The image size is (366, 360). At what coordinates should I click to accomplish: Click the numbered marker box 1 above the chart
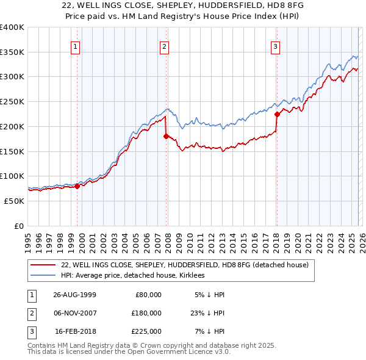click(76, 46)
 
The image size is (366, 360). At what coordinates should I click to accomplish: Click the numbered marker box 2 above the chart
click(165, 46)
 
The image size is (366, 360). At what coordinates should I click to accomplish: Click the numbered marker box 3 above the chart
click(275, 46)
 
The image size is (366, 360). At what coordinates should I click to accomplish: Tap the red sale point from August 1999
click(77, 186)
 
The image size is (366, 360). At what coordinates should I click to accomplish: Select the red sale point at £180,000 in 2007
click(166, 137)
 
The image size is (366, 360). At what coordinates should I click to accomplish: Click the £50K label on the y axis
click(14, 201)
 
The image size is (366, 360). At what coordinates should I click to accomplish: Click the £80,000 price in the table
click(148, 295)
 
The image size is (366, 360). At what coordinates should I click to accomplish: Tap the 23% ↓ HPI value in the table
click(207, 313)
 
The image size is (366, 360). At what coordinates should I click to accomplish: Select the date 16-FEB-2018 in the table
click(75, 331)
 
